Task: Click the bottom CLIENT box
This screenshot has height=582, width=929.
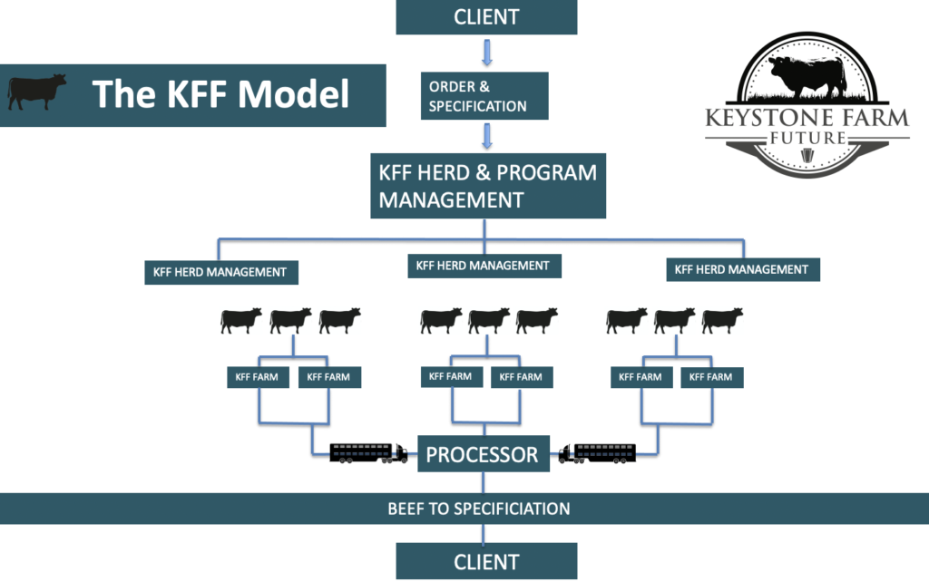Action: tap(486, 561)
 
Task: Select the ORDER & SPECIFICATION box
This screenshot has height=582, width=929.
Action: tap(484, 97)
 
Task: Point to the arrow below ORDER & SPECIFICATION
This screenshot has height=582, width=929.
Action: tap(487, 136)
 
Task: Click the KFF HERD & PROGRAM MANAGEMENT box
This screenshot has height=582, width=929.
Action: tap(488, 186)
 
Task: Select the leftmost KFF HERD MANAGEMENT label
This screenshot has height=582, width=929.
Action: tap(221, 271)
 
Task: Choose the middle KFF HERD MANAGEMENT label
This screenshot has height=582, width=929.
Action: tap(483, 266)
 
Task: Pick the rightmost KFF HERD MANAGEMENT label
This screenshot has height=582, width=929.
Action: tap(742, 269)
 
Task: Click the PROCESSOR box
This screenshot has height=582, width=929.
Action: tap(483, 453)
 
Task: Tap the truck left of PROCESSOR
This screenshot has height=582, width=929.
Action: tap(367, 452)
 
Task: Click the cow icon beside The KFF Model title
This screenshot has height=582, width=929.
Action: tap(37, 92)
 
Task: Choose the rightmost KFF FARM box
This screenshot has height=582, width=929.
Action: tap(712, 377)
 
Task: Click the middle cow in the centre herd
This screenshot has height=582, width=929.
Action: tap(489, 319)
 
